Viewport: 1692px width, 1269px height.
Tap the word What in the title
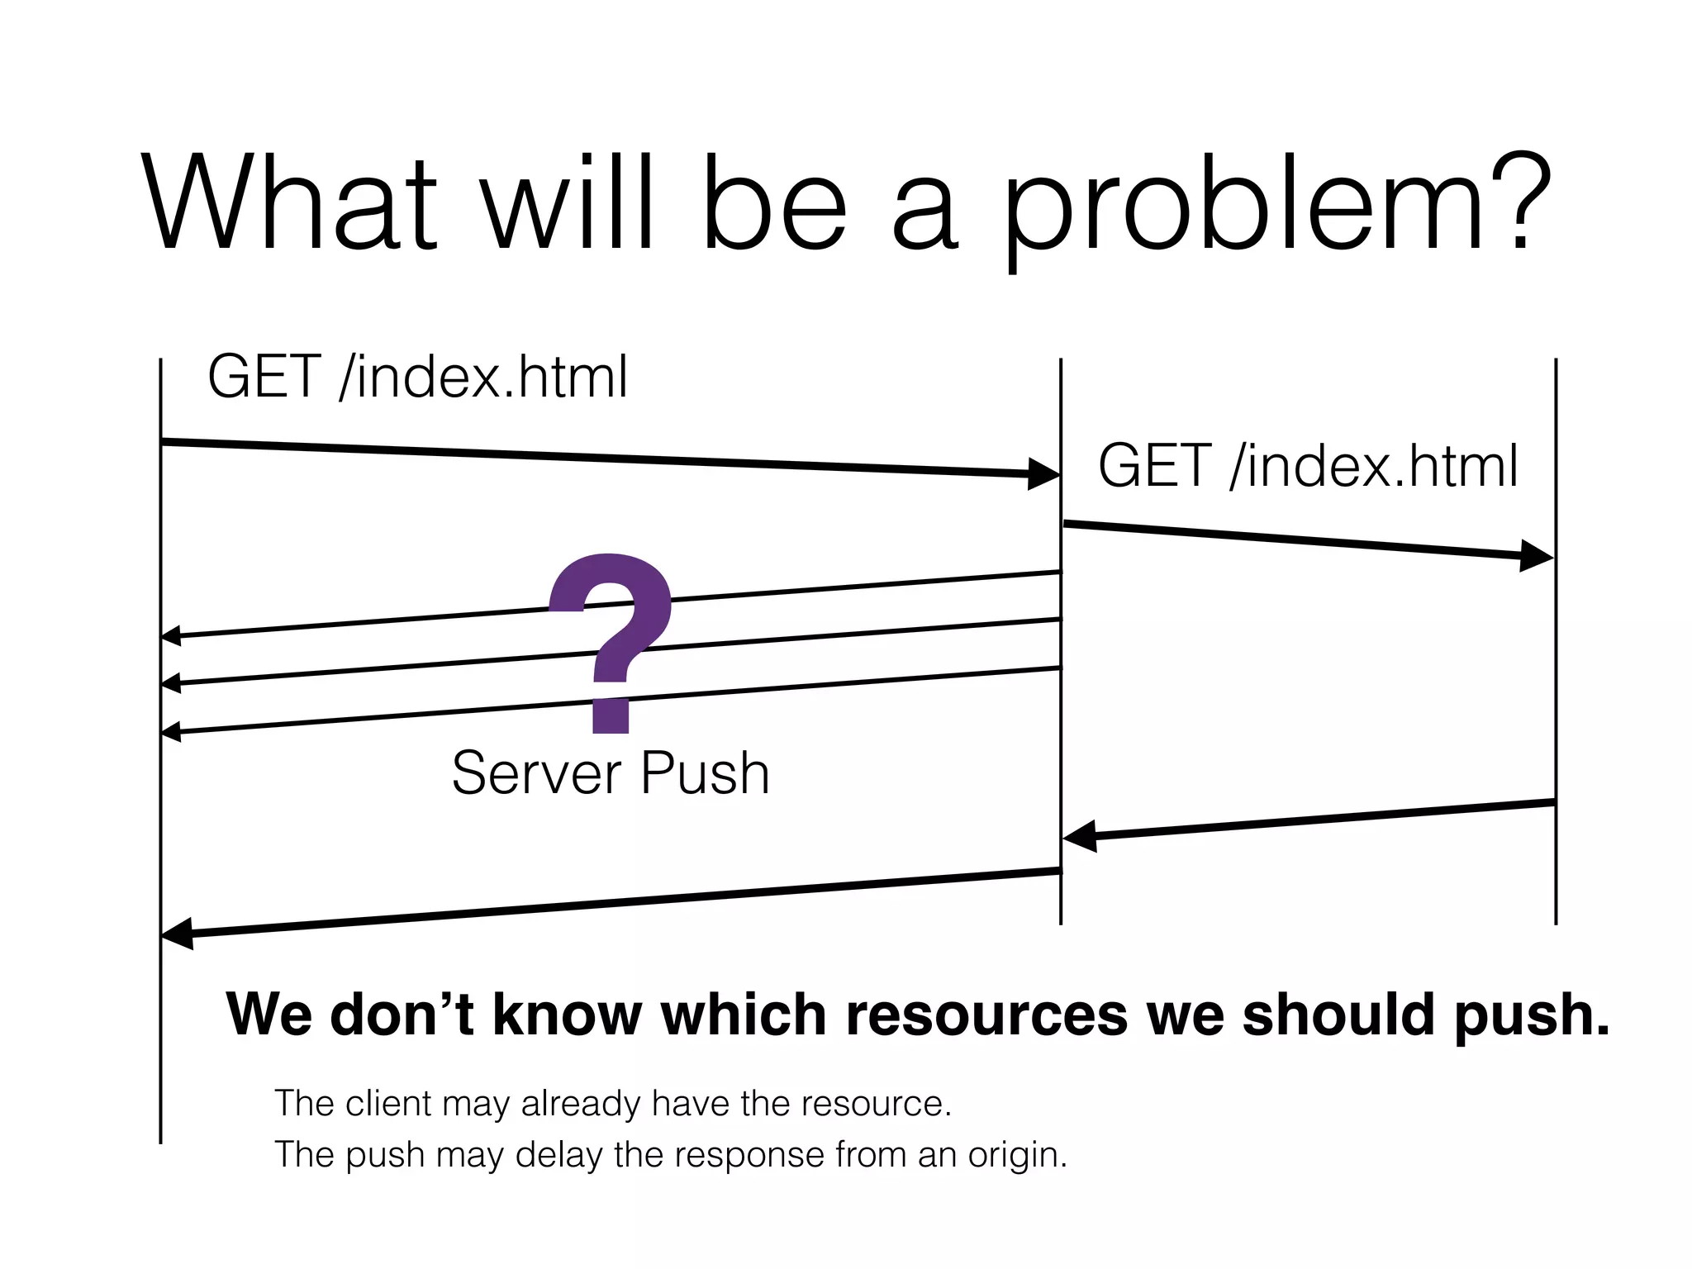[x=289, y=202]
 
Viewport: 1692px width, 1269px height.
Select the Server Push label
[x=611, y=774]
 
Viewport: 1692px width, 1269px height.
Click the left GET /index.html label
[x=417, y=378]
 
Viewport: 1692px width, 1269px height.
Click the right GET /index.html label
[x=1308, y=467]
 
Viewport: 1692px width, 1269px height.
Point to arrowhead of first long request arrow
[x=1043, y=473]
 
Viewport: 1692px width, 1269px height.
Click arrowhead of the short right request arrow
[x=1537, y=556]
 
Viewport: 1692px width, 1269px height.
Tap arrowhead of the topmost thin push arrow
[x=171, y=635]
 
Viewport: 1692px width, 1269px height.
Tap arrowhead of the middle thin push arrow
[x=171, y=683]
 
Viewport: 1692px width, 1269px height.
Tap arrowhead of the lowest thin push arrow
[x=171, y=732]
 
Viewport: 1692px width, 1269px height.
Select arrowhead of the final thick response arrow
[x=177, y=934]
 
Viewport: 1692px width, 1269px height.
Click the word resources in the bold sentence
[x=986, y=1015]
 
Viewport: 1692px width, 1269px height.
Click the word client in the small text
[x=388, y=1104]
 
